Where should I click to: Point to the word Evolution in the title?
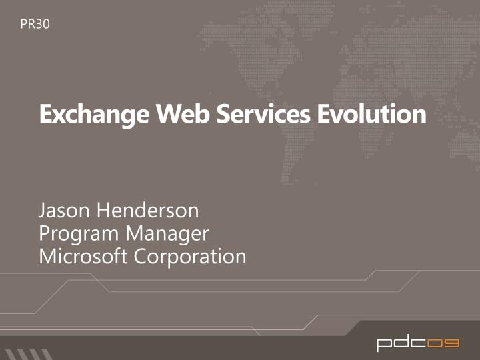pyautogui.click(x=371, y=115)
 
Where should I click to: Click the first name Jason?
pyautogui.click(x=65, y=211)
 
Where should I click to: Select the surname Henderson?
pyautogui.click(x=148, y=211)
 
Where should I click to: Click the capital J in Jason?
pyautogui.click(x=42, y=211)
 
